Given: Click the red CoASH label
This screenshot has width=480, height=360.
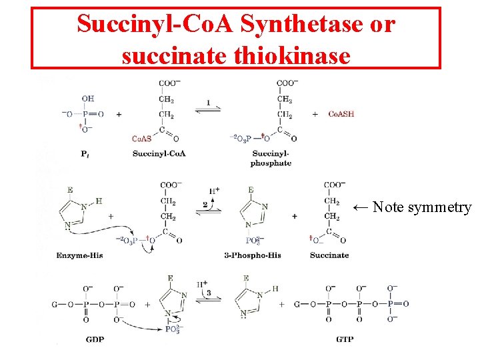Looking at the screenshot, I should tap(341, 114).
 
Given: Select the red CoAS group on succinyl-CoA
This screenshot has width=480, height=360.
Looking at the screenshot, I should tap(141, 139).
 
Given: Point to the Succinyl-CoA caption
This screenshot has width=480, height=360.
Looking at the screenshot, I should tap(159, 154).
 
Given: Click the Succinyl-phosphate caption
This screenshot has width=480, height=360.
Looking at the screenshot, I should tap(271, 159).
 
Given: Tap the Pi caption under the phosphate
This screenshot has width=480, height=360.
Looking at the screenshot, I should tap(86, 154).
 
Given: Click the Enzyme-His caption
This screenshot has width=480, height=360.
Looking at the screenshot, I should tap(80, 255).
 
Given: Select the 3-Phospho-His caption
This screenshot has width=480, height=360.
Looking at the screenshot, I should tap(253, 255).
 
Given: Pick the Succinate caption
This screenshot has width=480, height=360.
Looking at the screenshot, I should tap(329, 255).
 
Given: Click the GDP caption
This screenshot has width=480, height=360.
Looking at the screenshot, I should tap(95, 339).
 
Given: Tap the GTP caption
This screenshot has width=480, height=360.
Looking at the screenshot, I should tap(345, 339).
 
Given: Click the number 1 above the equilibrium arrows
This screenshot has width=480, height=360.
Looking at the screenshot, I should tap(208, 103).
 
